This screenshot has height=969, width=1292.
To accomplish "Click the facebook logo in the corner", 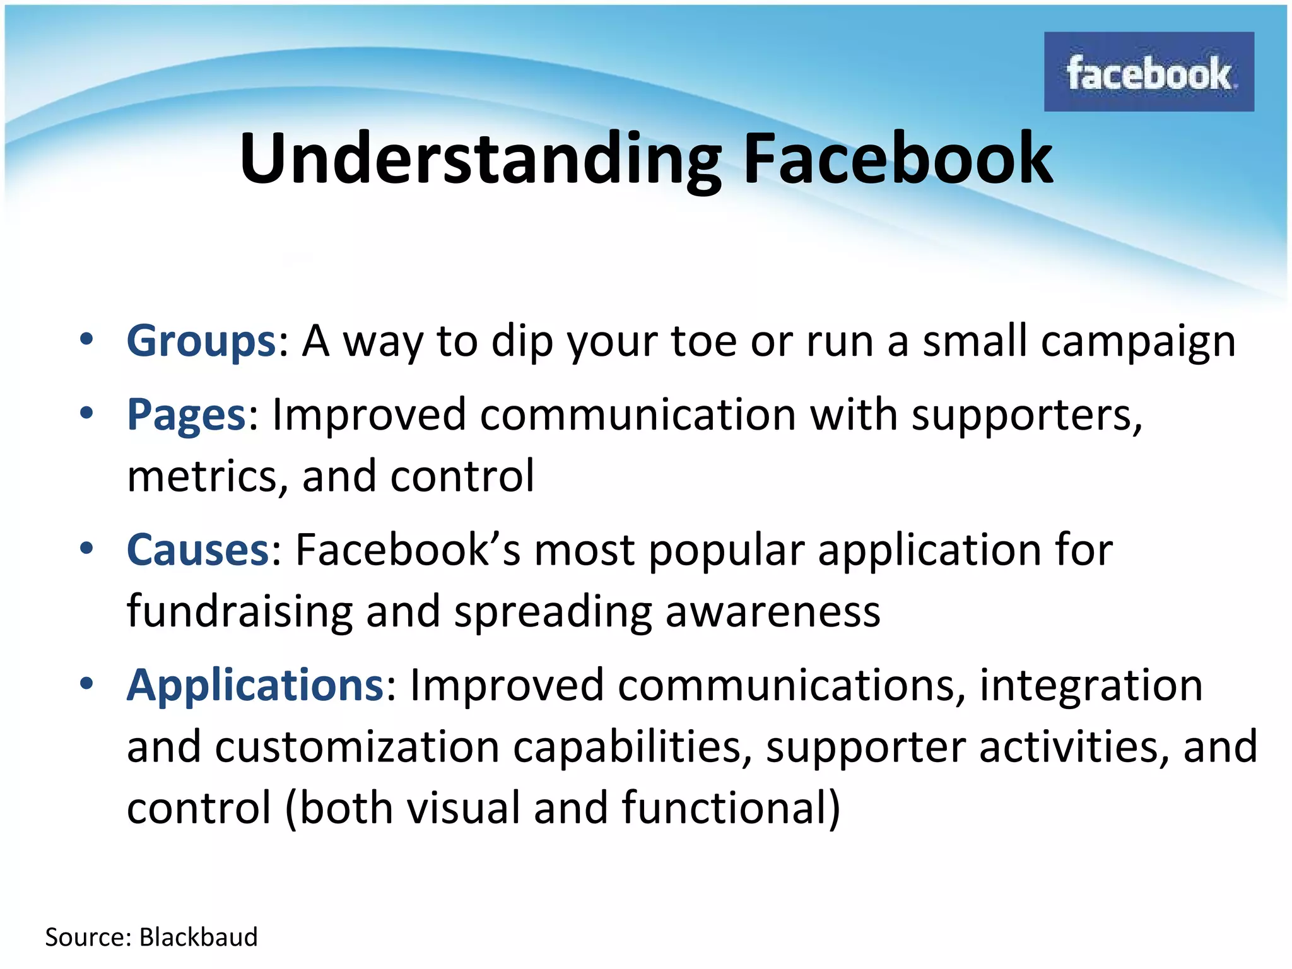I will (x=1148, y=72).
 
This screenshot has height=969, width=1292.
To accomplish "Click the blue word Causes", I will (x=198, y=549).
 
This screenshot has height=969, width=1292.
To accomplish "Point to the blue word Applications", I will (x=255, y=685).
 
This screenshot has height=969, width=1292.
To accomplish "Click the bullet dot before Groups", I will (x=86, y=339).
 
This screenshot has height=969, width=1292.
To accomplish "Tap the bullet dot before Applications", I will (x=86, y=683).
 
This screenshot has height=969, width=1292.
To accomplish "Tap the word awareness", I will (x=773, y=612).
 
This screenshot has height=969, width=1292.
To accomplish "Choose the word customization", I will (x=357, y=747).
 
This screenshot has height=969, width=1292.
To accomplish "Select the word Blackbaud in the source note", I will (x=198, y=937).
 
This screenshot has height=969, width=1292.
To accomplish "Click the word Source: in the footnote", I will (x=88, y=937).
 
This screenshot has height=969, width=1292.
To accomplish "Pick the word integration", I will (x=1091, y=686).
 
